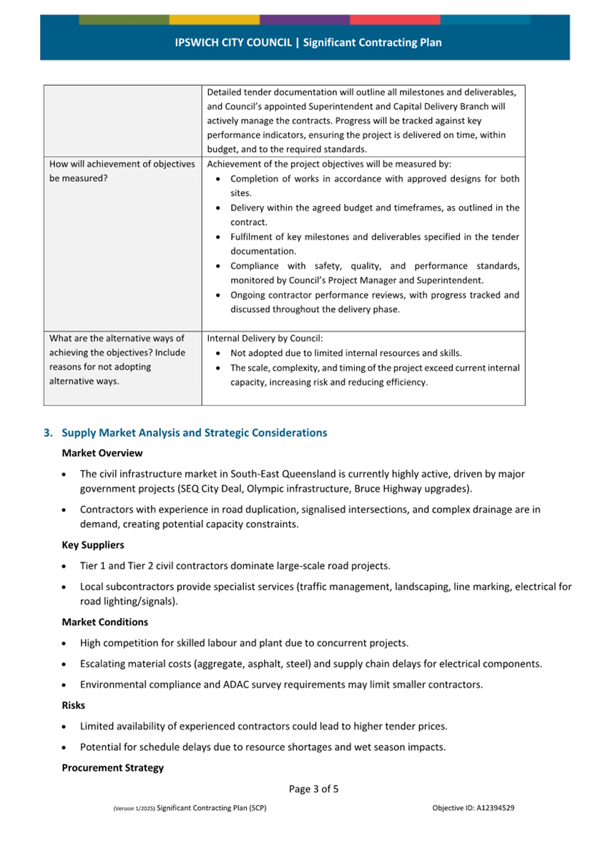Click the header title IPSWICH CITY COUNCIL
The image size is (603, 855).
point(233,43)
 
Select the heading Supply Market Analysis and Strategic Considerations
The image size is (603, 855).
point(194,433)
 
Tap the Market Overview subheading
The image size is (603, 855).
point(102,453)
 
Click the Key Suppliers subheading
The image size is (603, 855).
point(93,545)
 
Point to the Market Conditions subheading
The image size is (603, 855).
point(104,622)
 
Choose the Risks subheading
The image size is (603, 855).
point(74,705)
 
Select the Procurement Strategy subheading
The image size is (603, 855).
point(112,768)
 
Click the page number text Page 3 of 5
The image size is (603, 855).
point(313,789)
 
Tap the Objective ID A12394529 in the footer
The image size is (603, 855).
point(473,808)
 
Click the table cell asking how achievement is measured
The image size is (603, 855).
point(122,171)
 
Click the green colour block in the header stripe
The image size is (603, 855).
point(124,20)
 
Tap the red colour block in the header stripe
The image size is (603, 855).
point(395,20)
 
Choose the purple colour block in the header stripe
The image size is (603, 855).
point(305,20)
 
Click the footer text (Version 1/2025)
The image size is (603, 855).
point(133,808)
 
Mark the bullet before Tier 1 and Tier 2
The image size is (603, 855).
point(67,566)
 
